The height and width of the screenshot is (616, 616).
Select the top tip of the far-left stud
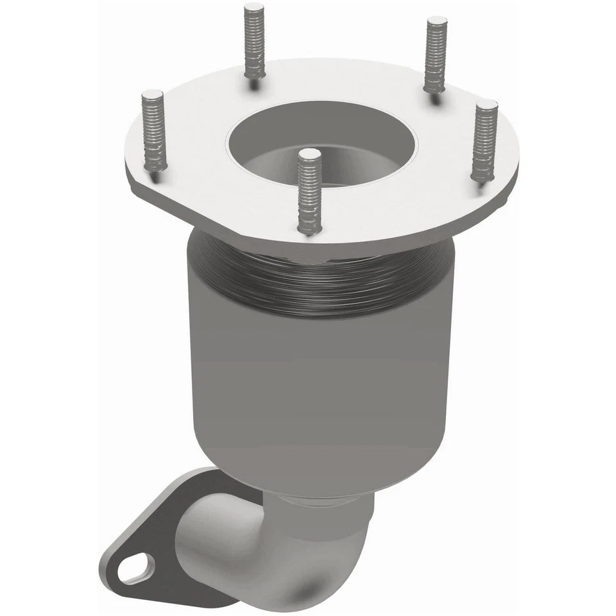pos(152,94)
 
